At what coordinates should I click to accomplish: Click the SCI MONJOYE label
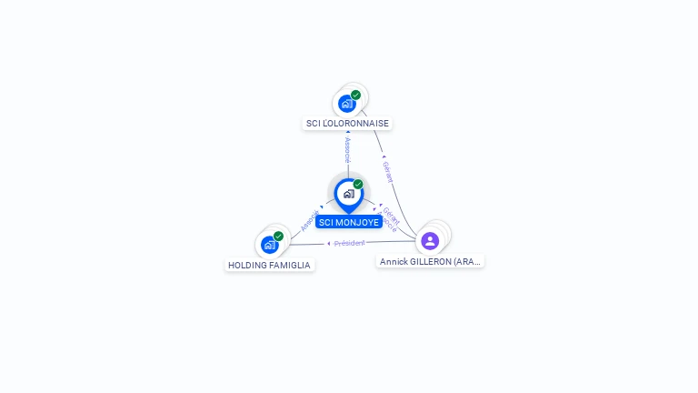click(x=349, y=222)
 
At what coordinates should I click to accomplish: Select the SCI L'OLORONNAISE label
click(x=347, y=123)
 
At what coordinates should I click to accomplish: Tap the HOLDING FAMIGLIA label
click(x=269, y=266)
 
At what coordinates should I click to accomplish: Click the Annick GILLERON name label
click(x=430, y=261)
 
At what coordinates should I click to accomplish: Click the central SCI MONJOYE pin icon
click(x=348, y=194)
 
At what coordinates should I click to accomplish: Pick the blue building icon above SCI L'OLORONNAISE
click(x=346, y=104)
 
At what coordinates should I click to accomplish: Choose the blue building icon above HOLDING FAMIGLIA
click(x=269, y=245)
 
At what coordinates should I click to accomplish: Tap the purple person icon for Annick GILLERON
click(x=430, y=241)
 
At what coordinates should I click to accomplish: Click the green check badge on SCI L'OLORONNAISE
click(x=356, y=95)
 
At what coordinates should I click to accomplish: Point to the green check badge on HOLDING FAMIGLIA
click(x=278, y=237)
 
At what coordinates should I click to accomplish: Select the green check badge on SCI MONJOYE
click(x=358, y=185)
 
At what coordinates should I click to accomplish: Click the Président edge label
click(x=350, y=244)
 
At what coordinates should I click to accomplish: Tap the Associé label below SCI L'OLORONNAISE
click(x=347, y=150)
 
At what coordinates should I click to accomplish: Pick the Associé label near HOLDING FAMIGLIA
click(x=309, y=220)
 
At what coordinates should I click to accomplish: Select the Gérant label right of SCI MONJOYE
click(x=392, y=215)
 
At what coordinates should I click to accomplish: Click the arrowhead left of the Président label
click(x=329, y=244)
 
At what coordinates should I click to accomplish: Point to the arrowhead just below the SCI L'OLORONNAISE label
click(x=347, y=133)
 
